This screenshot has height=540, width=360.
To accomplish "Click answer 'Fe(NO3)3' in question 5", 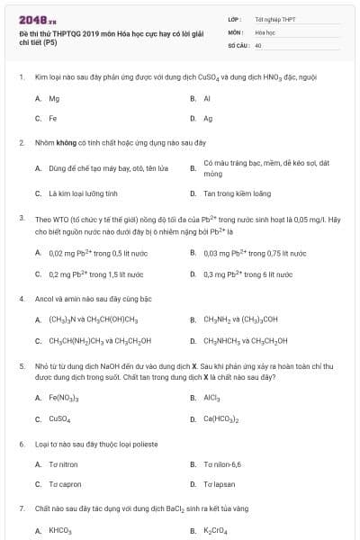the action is [64, 399].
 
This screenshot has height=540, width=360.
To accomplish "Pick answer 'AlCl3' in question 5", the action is [212, 399].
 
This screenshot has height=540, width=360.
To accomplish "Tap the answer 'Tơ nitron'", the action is [64, 464].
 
